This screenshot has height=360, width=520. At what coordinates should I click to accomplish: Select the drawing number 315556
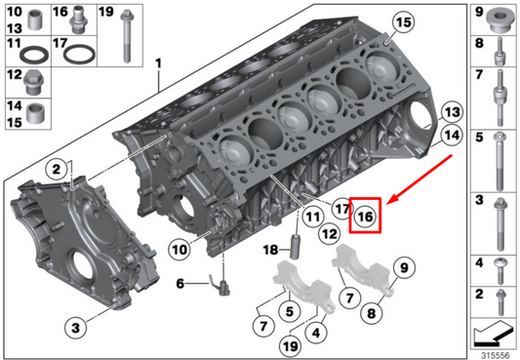click(494, 352)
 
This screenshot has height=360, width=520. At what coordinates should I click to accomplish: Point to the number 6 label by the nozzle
click(180, 284)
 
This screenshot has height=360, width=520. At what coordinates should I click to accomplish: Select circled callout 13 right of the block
click(450, 110)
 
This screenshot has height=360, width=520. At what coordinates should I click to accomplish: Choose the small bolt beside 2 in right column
click(500, 296)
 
